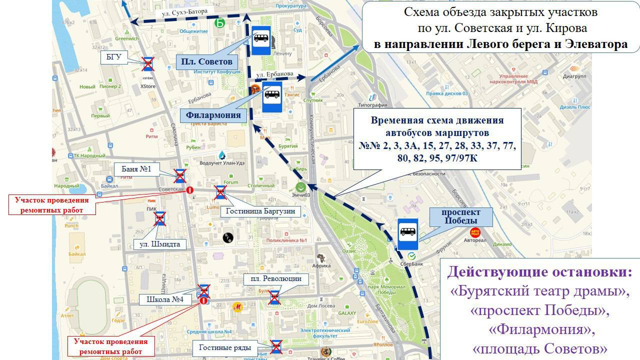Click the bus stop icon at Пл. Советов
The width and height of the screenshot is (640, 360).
click(x=260, y=40)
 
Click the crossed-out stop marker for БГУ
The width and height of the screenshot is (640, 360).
click(x=147, y=63)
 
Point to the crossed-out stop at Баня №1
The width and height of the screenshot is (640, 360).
click(x=180, y=175)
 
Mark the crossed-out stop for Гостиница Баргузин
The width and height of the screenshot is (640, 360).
click(x=220, y=192)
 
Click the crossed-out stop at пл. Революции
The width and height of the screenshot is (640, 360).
click(x=275, y=297)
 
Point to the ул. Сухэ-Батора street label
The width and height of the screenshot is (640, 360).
click(x=183, y=13)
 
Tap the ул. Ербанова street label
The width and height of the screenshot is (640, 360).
click(x=274, y=74)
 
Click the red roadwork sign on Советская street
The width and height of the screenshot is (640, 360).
click(x=190, y=190)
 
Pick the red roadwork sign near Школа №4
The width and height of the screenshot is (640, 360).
click(x=203, y=301)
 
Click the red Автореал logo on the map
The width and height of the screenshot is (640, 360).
click(x=475, y=232)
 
